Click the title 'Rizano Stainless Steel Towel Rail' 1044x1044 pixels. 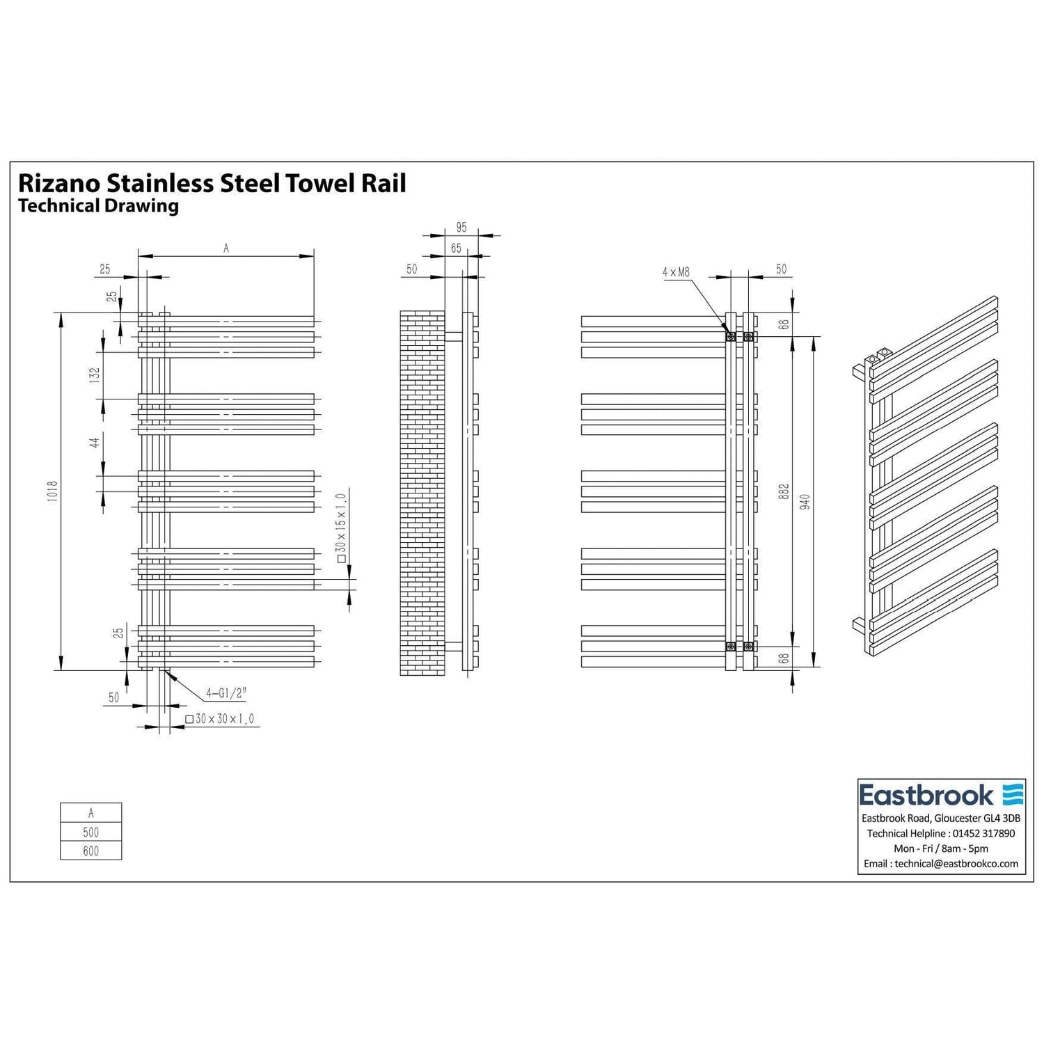tap(212, 183)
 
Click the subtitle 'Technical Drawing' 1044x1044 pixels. tap(98, 206)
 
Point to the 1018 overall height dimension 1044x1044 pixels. tap(54, 493)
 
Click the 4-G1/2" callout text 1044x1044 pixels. tap(227, 693)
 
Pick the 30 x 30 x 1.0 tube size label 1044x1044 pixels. tap(220, 719)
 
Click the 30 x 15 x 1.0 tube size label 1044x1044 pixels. tap(340, 527)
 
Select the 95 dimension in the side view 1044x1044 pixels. tap(461, 228)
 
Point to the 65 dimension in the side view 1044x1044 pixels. tap(456, 248)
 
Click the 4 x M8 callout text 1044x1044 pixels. tap(675, 272)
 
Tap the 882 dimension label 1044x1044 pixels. tap(784, 493)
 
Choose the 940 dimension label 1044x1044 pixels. tap(805, 502)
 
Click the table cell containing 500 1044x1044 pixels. tap(90, 832)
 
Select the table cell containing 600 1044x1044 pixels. tap(90, 851)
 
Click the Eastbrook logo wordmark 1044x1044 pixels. tap(926, 795)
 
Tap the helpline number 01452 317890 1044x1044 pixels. tap(983, 833)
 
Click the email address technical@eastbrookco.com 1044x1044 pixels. tap(956, 864)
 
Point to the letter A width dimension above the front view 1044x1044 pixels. tap(226, 248)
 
